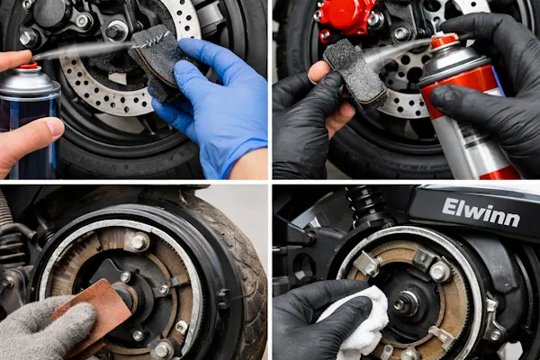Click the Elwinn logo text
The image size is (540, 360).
coord(481,212)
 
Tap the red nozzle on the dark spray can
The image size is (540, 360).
coord(29,67)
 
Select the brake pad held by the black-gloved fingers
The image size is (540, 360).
coord(355,73)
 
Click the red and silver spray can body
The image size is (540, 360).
coord(465,113)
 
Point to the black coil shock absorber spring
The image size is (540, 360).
coord(365,204)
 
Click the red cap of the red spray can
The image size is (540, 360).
coord(445,41)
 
